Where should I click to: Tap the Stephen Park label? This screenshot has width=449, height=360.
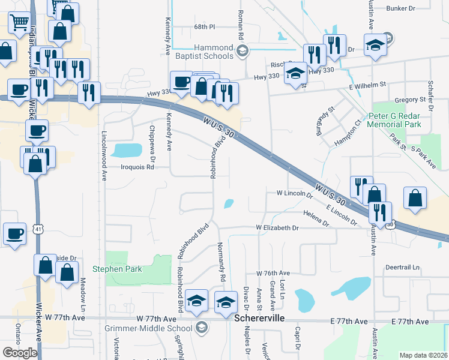[x=117, y=269]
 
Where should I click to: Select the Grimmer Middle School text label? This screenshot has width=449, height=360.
[x=155, y=328]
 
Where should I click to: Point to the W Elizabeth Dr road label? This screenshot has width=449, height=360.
[x=277, y=228]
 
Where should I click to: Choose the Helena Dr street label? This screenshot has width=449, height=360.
[x=316, y=218]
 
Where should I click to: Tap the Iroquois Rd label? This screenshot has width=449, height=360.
[x=137, y=167]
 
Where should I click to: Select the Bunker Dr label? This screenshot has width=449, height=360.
[x=402, y=8]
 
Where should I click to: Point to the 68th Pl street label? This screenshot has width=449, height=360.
[x=204, y=27]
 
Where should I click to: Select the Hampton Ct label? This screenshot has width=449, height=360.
[x=348, y=131]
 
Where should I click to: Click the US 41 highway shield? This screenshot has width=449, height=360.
[x=38, y=229]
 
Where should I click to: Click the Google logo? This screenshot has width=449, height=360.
[x=20, y=353]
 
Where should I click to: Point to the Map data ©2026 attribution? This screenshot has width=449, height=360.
[x=423, y=355]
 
